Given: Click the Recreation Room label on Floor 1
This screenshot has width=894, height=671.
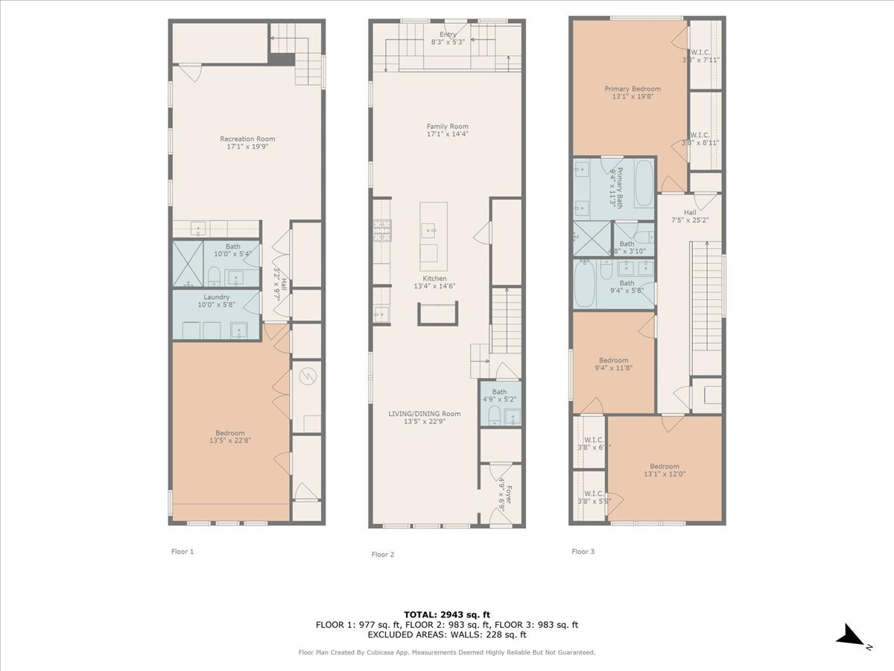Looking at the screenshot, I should coord(247,139).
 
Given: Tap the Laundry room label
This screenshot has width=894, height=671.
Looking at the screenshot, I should coord(217,297).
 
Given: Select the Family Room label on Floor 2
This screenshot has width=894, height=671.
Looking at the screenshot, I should coord(447,126).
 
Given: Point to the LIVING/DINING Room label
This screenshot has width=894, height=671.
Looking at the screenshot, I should coord(425,414).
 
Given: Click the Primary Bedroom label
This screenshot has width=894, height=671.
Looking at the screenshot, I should coord(632,89).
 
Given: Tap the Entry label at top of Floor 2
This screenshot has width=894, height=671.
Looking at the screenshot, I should coord(448,34).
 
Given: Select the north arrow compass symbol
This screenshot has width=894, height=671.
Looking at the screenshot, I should coord(849,635).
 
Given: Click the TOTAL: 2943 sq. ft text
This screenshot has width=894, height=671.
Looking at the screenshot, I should coord(447,614).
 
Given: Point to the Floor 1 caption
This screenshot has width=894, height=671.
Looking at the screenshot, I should coord(183,552).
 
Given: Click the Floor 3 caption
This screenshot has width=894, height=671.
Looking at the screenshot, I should coord(583,552).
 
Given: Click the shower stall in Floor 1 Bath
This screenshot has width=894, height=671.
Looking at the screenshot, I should coord(188,264).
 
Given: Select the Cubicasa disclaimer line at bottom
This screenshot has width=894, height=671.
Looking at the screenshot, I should coord(447,652).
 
